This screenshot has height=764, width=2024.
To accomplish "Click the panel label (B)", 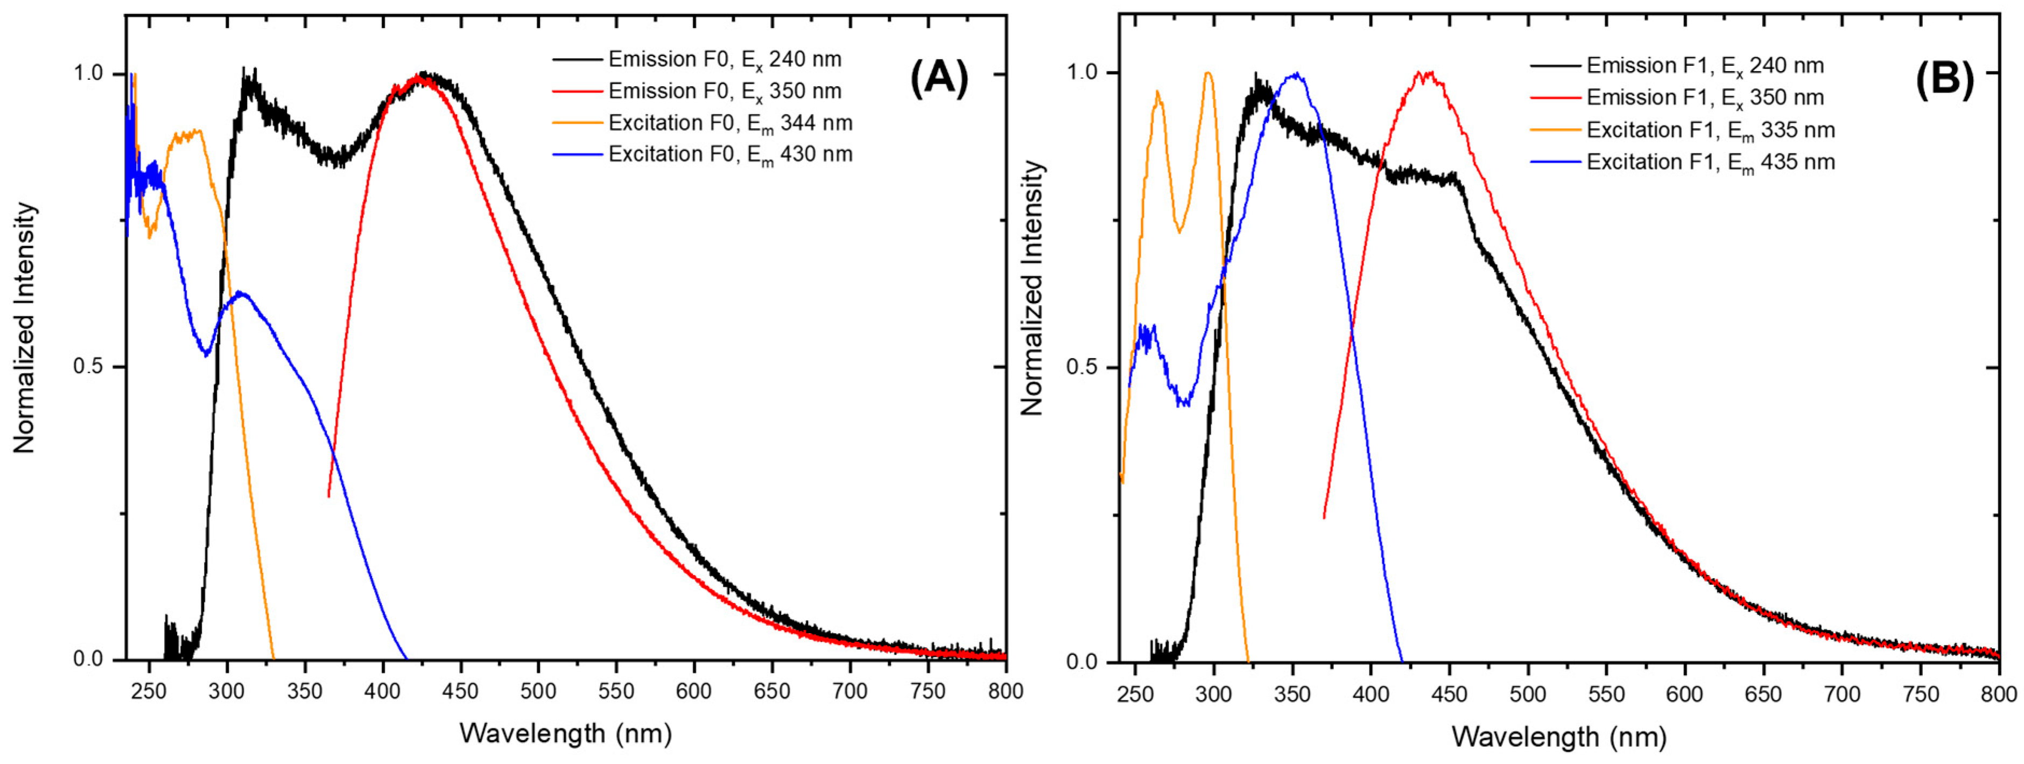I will click(x=1944, y=79).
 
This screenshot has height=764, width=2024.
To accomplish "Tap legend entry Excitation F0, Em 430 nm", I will click(x=729, y=154).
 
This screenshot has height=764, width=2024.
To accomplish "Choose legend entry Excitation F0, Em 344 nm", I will click(x=729, y=123).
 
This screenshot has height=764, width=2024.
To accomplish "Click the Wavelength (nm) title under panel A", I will click(x=566, y=733).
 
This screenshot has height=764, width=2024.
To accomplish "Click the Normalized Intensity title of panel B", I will click(x=1031, y=289).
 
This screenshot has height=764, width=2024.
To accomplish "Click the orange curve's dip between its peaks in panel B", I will click(x=1178, y=230).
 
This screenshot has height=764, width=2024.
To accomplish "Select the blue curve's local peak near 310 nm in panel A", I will click(x=243, y=293).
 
